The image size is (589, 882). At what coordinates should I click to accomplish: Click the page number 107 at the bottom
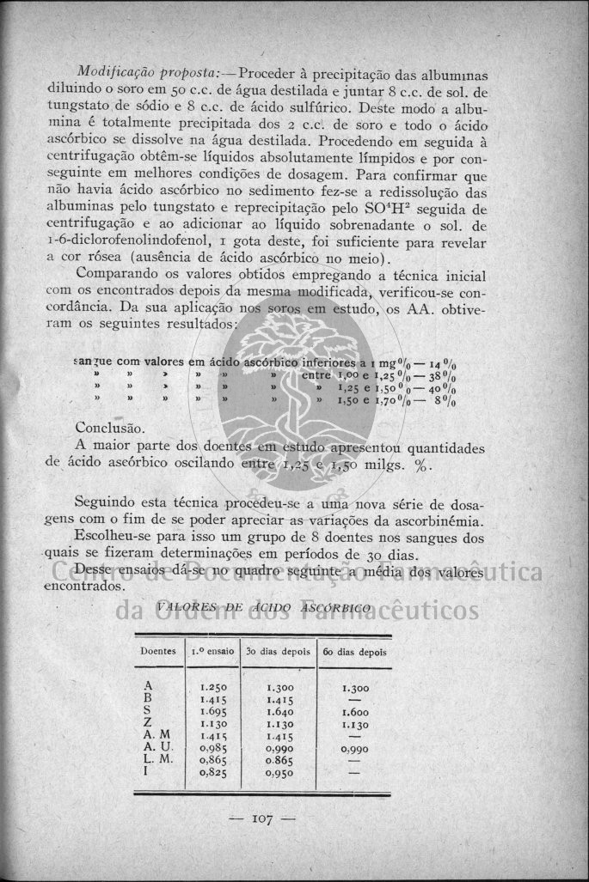click(263, 818)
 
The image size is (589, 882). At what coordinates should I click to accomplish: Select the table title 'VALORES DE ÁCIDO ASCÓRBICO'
click(264, 607)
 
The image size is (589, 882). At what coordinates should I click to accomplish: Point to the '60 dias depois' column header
click(353, 651)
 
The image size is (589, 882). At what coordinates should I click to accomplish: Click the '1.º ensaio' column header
click(211, 651)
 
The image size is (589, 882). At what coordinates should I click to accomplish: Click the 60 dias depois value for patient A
click(355, 688)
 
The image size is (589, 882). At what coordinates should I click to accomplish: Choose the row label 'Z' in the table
click(148, 723)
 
